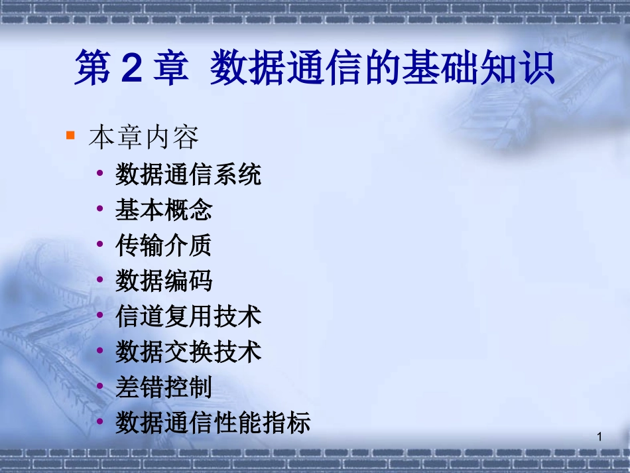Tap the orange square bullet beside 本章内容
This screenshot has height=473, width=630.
point(71,136)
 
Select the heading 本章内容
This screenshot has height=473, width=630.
point(143,138)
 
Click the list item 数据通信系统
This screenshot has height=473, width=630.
point(188,174)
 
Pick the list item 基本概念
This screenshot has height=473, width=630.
point(164,210)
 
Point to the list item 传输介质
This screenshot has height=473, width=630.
point(164,246)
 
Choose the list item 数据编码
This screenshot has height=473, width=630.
point(164,281)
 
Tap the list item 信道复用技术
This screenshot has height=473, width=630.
point(188,316)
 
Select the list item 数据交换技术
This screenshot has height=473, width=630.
point(188,352)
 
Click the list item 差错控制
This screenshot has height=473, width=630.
point(164,387)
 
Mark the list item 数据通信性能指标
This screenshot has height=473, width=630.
point(213,423)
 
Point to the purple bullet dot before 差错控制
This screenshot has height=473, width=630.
point(100,386)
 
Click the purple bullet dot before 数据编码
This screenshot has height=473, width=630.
point(100,280)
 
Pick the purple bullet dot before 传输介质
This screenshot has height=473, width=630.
point(100,245)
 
